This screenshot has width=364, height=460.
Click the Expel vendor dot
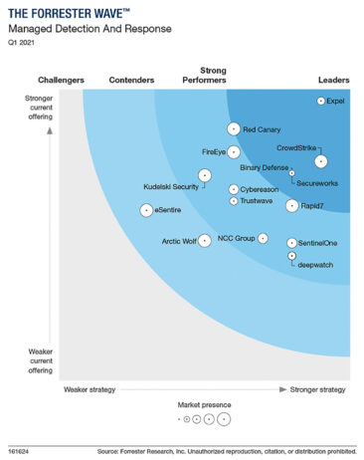pyautogui.click(x=320, y=101)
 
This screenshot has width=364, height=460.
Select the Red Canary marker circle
pyautogui.click(x=234, y=128)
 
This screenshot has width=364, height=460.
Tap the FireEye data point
pyautogui.click(x=235, y=152)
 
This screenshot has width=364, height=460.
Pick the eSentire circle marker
pyautogui.click(x=147, y=210)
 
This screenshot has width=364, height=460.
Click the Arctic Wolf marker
pyautogui.click(x=205, y=240)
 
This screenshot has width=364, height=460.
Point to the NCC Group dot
pyautogui.click(x=264, y=238)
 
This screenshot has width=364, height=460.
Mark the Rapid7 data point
pyautogui.click(x=291, y=206)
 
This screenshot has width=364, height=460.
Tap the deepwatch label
pyautogui.click(x=314, y=264)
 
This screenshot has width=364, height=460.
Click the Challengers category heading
pyautogui.click(x=61, y=79)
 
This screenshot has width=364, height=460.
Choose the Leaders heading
pyautogui.click(x=333, y=79)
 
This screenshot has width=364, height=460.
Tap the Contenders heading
pyautogui.click(x=131, y=79)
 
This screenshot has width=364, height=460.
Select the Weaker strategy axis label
pyautogui.click(x=92, y=388)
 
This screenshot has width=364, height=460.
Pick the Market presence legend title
pyautogui.click(x=204, y=405)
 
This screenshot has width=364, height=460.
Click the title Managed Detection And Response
pyautogui.click(x=77, y=30)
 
